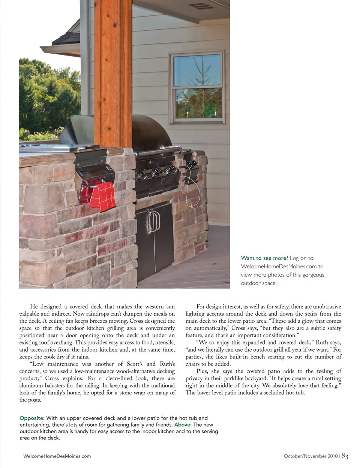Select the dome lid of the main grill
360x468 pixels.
[150, 133]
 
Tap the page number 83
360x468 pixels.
[345, 456]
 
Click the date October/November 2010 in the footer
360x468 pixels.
[311, 456]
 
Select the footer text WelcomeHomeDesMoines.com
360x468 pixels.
[57, 456]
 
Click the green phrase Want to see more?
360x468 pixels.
[264, 258]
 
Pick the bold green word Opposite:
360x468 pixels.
[32, 418]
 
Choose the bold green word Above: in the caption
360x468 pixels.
[183, 424]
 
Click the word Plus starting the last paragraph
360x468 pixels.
[203, 371]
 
